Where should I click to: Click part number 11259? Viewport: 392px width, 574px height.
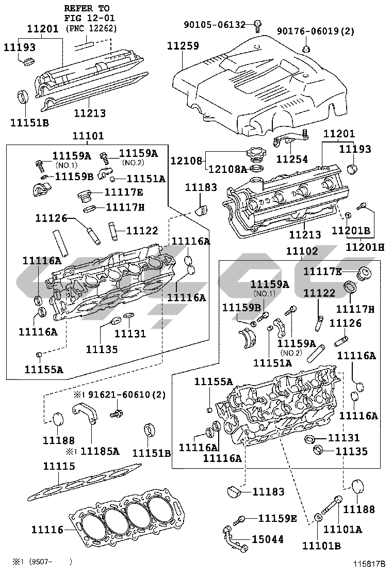point(183,46)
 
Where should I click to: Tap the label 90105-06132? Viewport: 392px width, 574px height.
point(219,24)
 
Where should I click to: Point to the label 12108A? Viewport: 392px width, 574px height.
point(227,169)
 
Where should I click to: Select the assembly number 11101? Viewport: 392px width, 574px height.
point(88,136)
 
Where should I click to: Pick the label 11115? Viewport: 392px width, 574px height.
point(59,466)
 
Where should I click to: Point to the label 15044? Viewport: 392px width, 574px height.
point(267,539)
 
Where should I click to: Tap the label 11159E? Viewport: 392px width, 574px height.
point(277,518)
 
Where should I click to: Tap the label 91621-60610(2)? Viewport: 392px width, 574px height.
point(119,395)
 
